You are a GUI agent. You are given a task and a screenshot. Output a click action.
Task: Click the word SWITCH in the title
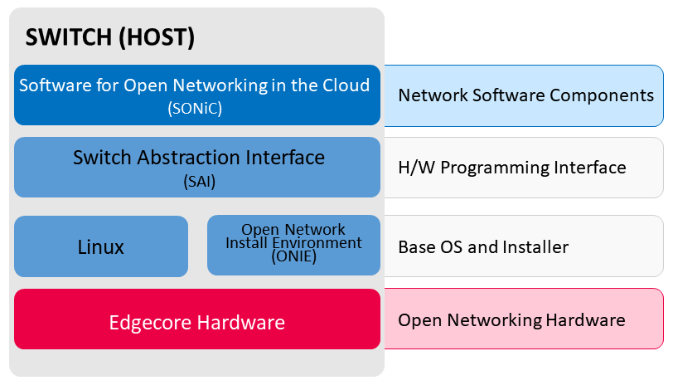[69, 37]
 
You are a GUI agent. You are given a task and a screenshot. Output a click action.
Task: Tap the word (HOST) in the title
[157, 37]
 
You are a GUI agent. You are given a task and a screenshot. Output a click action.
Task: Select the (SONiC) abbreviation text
[195, 108]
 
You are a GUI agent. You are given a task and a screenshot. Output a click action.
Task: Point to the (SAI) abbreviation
[199, 182]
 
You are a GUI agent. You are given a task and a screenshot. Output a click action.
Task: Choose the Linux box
[101, 246]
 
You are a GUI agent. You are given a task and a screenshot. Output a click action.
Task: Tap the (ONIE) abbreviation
[294, 256]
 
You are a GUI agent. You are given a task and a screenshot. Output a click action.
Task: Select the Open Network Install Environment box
[293, 245]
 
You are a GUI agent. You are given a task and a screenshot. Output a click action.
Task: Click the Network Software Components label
[525, 95]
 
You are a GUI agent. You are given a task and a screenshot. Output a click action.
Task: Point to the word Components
[602, 95]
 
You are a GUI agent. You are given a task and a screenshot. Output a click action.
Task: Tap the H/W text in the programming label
[416, 167]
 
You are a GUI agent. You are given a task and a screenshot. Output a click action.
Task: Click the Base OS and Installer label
[483, 247]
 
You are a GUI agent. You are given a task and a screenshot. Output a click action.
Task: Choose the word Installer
[535, 247]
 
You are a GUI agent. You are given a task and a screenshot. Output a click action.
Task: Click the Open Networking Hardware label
[511, 320]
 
